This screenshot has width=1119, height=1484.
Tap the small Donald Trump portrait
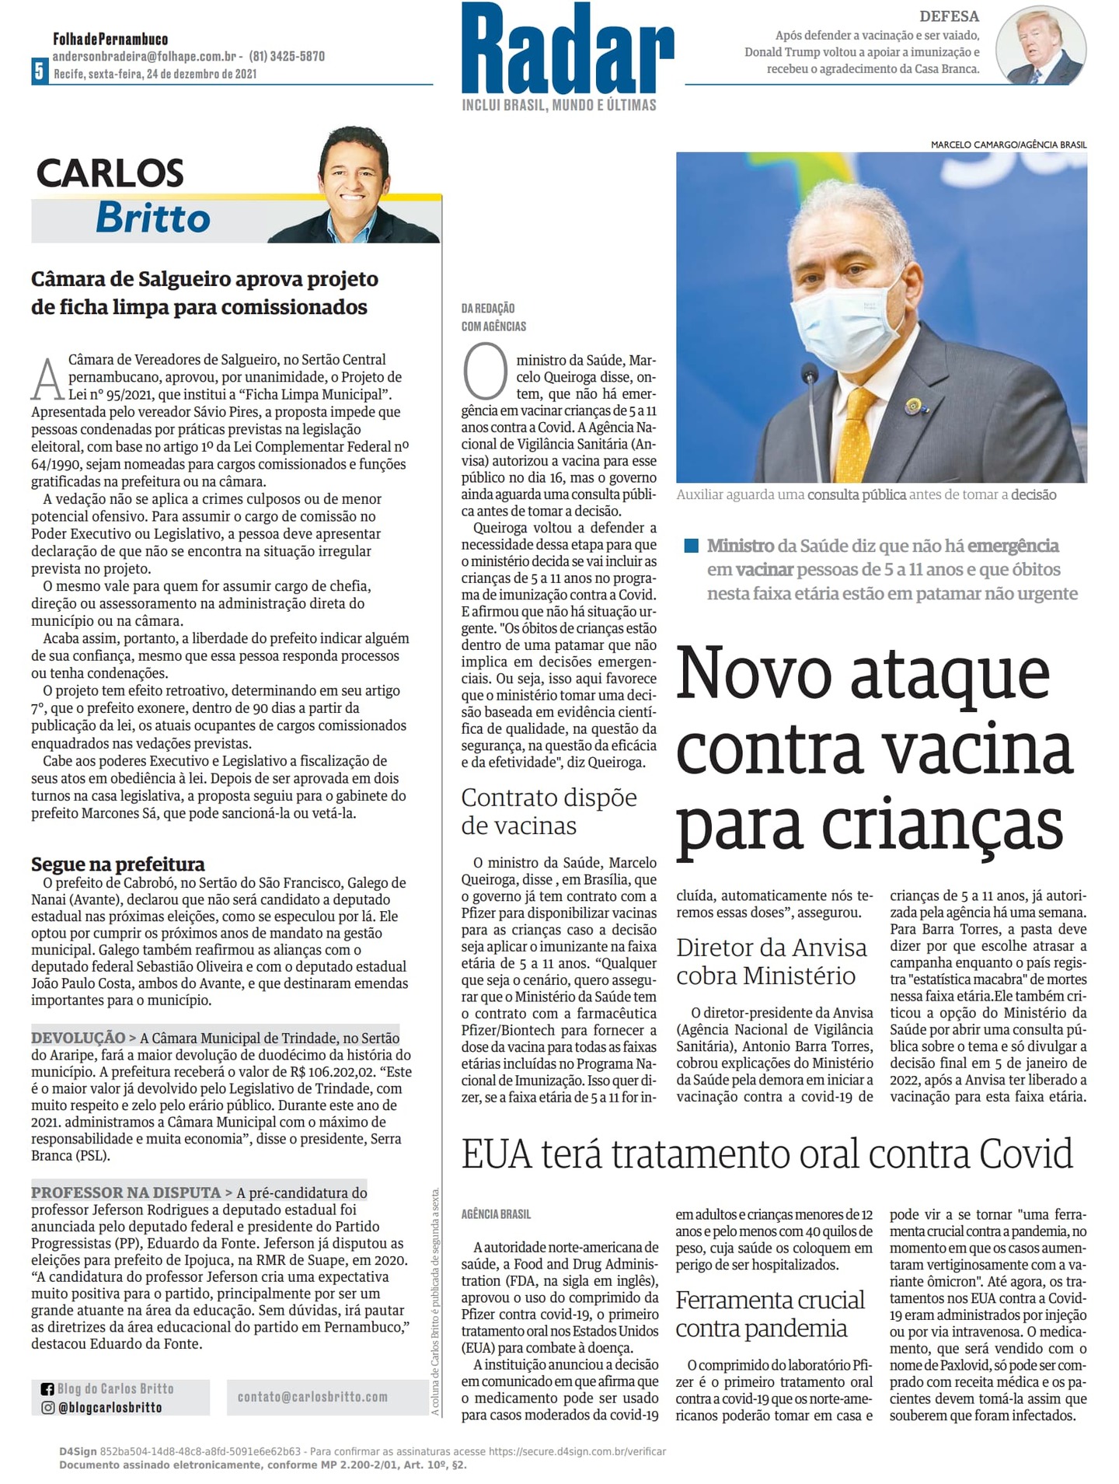pyautogui.click(x=1041, y=46)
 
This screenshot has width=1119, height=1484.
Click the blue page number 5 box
pyautogui.click(x=39, y=71)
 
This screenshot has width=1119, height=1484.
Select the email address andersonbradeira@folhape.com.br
pyautogui.click(x=145, y=56)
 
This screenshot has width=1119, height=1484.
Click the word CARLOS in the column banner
pyautogui.click(x=110, y=173)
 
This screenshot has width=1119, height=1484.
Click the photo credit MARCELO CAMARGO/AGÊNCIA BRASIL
pyautogui.click(x=1008, y=145)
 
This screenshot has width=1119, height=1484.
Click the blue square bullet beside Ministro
pyautogui.click(x=691, y=546)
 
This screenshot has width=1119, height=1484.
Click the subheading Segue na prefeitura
pyautogui.click(x=118, y=864)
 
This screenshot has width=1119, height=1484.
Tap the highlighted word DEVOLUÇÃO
pyautogui.click(x=78, y=1038)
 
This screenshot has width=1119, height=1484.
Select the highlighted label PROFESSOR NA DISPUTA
pyautogui.click(x=126, y=1192)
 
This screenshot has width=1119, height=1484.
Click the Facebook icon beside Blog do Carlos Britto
pyautogui.click(x=47, y=1389)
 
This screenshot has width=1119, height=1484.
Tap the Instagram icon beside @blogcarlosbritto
pyautogui.click(x=47, y=1408)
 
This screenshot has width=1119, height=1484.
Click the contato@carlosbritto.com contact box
pyautogui.click(x=312, y=1397)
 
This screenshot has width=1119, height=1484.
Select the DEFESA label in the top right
pyautogui.click(x=949, y=16)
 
